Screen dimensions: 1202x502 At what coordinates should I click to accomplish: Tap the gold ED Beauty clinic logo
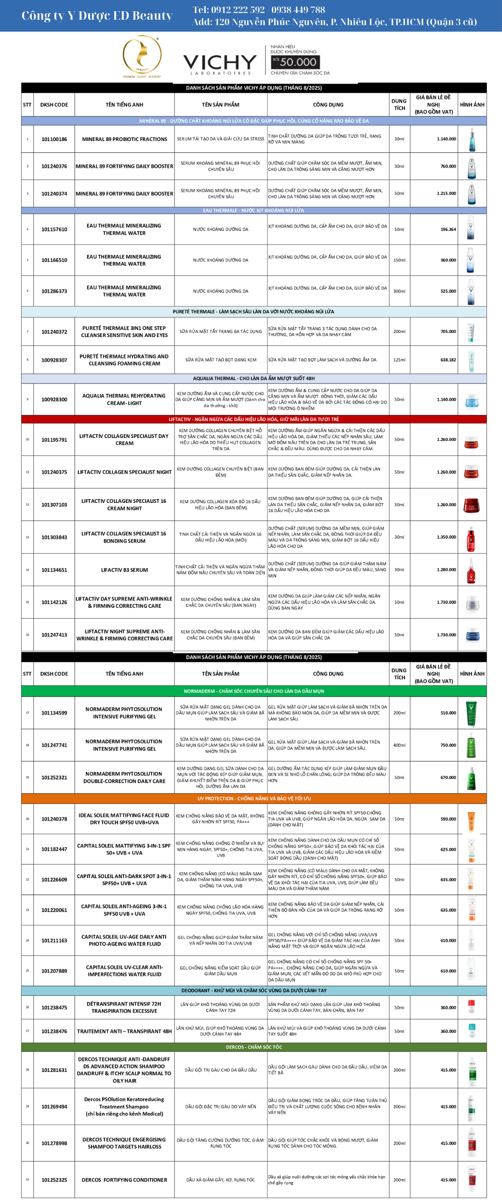pos(142,56)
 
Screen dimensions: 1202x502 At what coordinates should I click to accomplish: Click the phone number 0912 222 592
pos(228,9)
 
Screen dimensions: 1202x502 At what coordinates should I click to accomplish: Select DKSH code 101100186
pos(54,139)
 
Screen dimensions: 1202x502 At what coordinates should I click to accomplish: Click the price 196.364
pos(448,229)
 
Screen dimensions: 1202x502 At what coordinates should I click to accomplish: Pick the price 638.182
pos(448,360)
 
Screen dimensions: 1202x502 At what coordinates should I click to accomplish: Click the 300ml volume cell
pos(399,291)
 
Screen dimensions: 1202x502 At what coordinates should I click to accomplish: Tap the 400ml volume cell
pos(399,745)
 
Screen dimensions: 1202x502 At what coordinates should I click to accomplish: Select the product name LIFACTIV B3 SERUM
pos(124,570)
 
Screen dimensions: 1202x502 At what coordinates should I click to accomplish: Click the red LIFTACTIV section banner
pos(254,419)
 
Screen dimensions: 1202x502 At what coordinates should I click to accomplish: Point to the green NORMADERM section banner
pos(254,691)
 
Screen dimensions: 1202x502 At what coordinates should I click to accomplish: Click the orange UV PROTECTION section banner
pos(254,798)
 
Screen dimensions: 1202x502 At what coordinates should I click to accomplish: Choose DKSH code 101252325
pos(54,1179)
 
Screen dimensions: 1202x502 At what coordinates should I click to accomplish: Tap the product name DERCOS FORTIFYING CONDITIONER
pos(124,1179)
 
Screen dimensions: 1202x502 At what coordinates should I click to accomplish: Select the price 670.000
pos(448,777)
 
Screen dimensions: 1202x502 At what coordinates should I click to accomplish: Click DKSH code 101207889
pos(54,971)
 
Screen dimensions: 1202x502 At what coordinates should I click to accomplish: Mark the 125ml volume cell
pos(399,360)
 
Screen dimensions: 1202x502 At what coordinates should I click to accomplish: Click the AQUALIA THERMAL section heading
pos(254,379)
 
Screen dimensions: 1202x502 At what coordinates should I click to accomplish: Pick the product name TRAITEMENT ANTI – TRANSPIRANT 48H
pos(124,1031)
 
